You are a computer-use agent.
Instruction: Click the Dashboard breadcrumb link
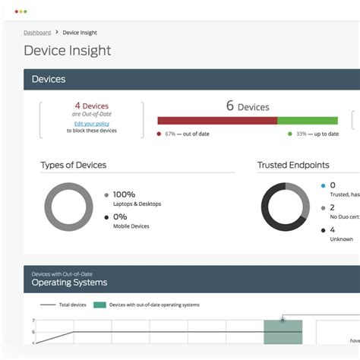click(37, 33)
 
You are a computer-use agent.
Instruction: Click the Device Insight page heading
click(67, 51)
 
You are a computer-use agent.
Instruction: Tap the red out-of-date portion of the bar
click(216, 120)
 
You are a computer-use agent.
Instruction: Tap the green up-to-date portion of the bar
click(307, 120)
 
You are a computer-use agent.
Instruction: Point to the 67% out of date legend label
click(188, 134)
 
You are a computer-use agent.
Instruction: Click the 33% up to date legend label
click(317, 134)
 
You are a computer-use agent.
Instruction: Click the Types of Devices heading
click(73, 165)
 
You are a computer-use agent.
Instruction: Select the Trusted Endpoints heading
click(293, 165)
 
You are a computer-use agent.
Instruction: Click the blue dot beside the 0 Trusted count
click(323, 185)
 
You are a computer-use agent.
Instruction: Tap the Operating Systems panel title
click(69, 283)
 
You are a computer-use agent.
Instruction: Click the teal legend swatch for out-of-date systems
click(99, 305)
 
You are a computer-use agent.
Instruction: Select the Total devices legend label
click(72, 305)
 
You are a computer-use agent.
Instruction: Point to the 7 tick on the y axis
click(33, 321)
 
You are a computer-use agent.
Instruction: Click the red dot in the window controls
click(15, 11)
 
